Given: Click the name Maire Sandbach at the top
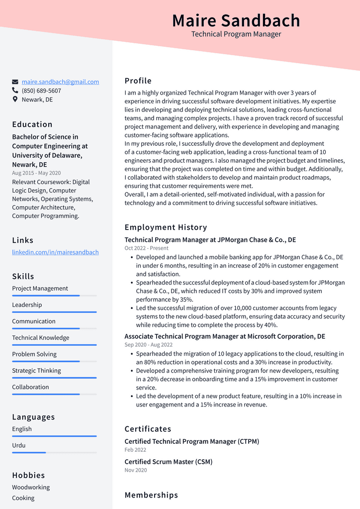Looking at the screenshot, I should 236,20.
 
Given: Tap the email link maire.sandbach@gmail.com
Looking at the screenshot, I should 60,82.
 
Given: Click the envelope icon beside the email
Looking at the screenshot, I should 15,82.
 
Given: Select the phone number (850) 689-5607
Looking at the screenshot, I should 41,91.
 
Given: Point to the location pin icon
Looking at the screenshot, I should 15,100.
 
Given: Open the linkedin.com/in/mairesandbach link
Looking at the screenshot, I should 55,252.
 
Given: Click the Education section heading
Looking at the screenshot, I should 32,124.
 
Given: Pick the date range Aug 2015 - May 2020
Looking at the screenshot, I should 36,173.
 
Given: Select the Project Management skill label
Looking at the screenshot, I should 40,289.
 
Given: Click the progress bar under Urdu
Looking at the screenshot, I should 54,452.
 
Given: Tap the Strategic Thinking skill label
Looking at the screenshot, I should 36,371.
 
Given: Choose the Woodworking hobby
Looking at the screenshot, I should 31,488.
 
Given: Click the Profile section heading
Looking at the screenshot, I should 138,81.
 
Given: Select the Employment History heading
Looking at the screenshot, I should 166,227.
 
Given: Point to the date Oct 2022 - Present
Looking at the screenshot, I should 146,248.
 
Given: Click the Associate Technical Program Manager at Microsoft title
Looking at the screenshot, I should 225,336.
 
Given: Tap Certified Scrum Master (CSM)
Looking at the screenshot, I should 168,462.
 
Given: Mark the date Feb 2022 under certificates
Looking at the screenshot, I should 135,450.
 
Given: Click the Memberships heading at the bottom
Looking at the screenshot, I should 151,495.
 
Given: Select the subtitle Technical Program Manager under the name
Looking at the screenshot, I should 236,34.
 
